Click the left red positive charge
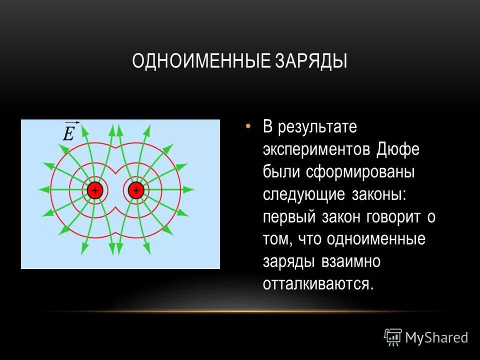click(x=94, y=190)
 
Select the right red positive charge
click(x=135, y=190)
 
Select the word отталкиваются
click(x=318, y=284)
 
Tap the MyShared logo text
click(x=436, y=337)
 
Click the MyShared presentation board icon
click(x=393, y=337)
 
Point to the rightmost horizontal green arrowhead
click(x=190, y=190)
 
